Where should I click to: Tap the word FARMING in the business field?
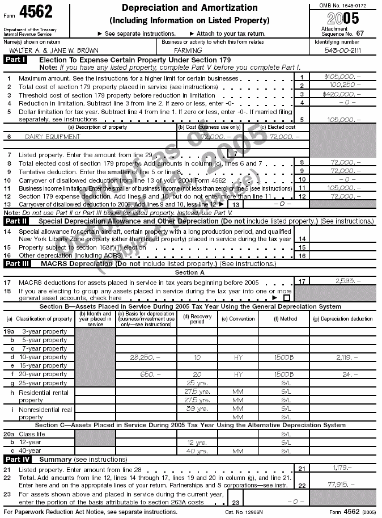[x=188, y=50]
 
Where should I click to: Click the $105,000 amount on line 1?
[x=342, y=77]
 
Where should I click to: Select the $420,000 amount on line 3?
[x=342, y=94]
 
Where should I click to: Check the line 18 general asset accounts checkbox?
[x=286, y=297]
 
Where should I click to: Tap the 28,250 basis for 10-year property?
[x=145, y=357]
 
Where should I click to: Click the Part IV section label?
[x=16, y=459]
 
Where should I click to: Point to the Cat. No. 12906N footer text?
[x=244, y=512]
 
